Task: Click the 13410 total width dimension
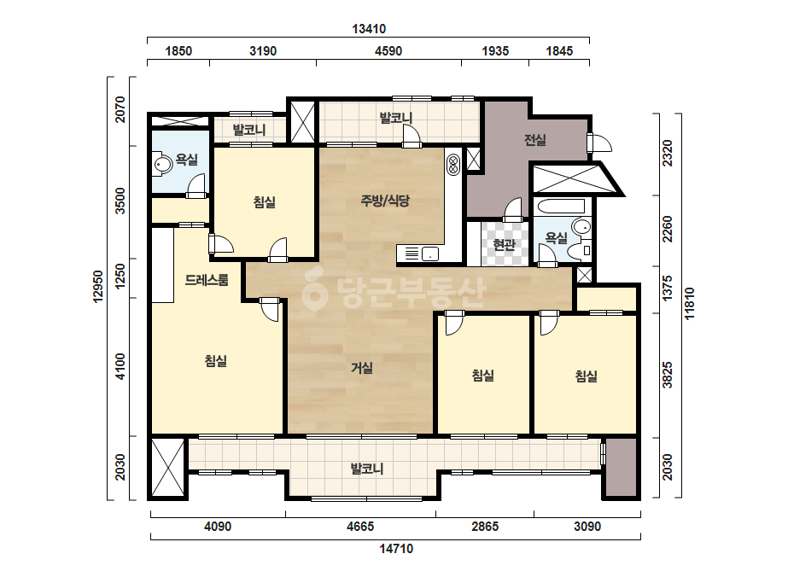pos(369,29)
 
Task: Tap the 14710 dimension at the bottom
pos(396,548)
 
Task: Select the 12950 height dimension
pos(98,287)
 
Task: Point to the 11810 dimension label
pos(689,303)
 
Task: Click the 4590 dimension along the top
pos(388,50)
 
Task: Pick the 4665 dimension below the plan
pos(360,527)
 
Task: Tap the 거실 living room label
pos(362,368)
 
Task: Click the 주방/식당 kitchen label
pos(385,201)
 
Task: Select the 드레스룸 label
pos(207,280)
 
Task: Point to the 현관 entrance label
pos(504,245)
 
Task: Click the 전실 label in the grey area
pos(534,140)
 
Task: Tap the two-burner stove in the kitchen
pos(452,165)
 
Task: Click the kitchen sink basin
pos(430,254)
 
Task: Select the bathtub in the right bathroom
pos(561,207)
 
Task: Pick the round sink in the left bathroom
pos(162,165)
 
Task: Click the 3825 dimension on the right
pos(667,375)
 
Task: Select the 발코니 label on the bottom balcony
pos(367,469)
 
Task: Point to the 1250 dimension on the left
pos(120,276)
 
